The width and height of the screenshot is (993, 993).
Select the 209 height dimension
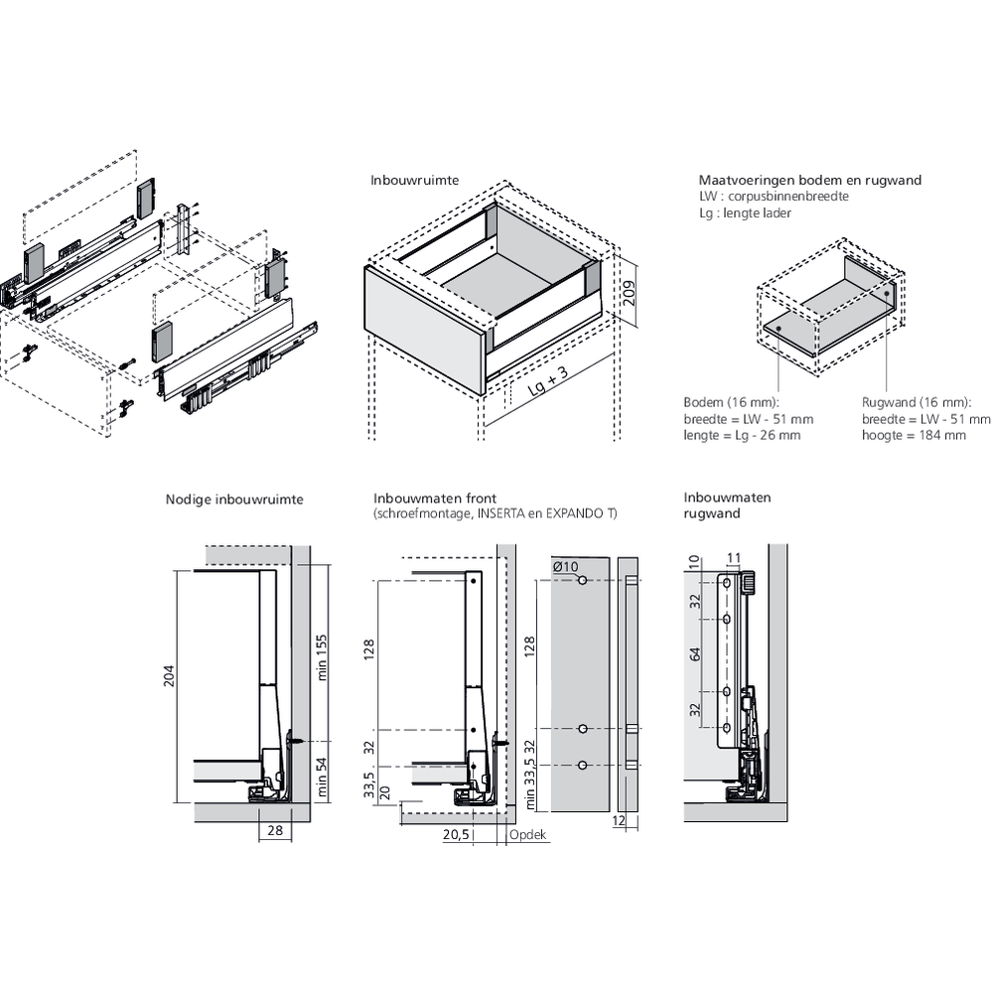tap(629, 292)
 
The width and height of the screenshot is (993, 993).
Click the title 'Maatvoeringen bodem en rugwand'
tap(809, 180)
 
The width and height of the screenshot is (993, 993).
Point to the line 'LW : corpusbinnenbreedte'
tap(774, 197)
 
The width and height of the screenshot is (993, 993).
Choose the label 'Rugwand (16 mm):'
tap(915, 402)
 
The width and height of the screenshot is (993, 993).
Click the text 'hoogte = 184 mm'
tap(914, 435)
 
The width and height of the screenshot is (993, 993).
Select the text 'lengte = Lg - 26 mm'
tap(742, 435)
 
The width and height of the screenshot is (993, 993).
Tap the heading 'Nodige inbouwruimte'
tap(234, 499)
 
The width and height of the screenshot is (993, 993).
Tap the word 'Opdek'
tap(528, 835)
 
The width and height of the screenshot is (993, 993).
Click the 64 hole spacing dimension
tap(696, 654)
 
